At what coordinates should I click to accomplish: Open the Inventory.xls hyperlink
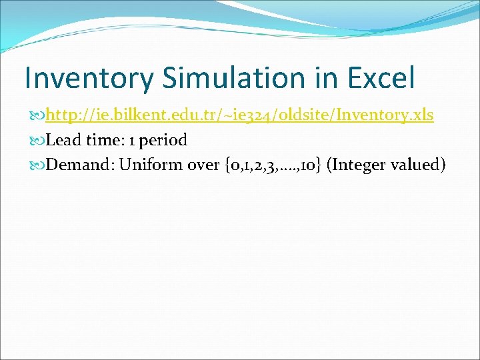[240, 115]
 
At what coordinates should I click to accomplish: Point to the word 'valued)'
[420, 165]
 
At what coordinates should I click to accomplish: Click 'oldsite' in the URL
[303, 115]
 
